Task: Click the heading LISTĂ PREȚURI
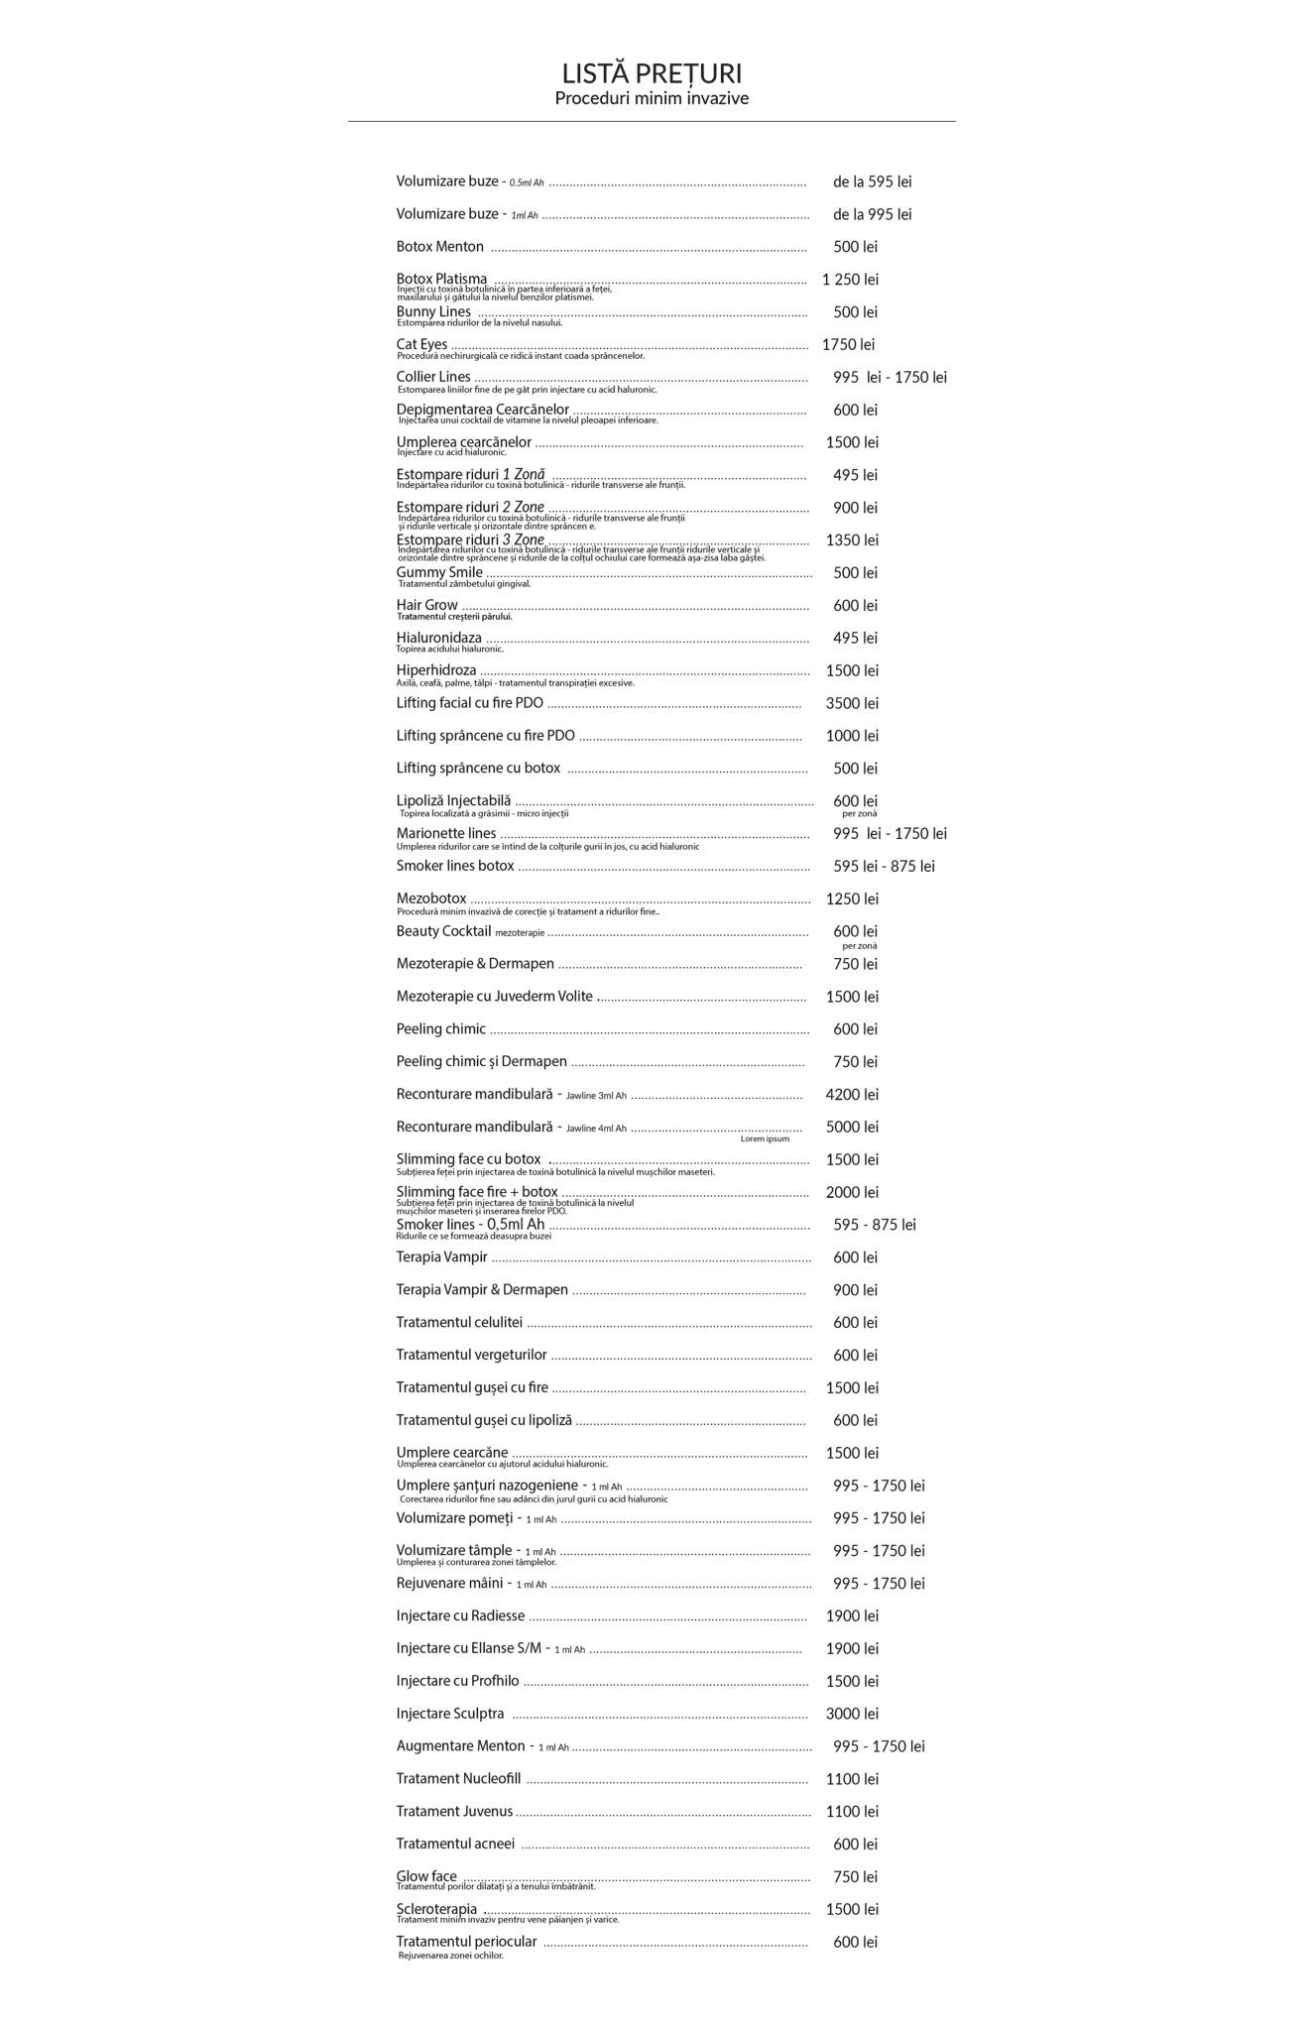652,74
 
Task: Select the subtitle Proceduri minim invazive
652,98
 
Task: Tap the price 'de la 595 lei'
872,181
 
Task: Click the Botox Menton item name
440,247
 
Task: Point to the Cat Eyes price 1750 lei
848,345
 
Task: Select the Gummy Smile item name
439,572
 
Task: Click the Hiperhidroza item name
436,670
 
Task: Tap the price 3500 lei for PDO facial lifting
852,703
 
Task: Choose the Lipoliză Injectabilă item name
453,800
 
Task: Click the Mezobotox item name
431,898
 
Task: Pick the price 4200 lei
852,1095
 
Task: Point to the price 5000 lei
852,1127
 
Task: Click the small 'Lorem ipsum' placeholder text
765,1138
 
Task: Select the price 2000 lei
852,1192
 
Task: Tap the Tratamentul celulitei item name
459,1322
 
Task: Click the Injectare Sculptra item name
450,1714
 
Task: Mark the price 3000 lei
852,1714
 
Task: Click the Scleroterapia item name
436,1909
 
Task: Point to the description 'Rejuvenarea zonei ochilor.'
451,1956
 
